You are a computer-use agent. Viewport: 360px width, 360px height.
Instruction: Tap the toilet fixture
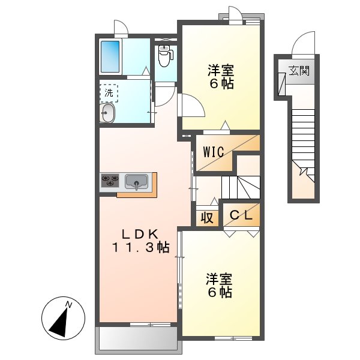165,56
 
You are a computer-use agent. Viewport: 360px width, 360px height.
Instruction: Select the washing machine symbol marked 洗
109,92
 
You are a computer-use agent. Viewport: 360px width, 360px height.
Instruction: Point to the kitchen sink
137,182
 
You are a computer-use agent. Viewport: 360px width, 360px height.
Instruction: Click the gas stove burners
110,181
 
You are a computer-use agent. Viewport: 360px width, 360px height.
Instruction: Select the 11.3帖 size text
139,247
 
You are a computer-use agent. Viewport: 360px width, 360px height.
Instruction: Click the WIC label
213,152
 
